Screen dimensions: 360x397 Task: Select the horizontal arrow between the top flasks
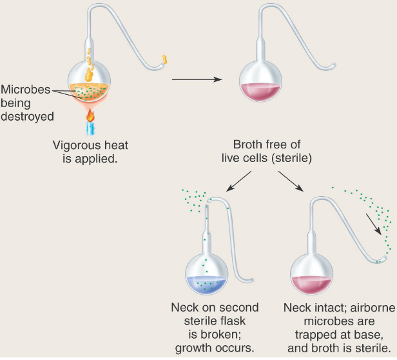click(196, 81)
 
